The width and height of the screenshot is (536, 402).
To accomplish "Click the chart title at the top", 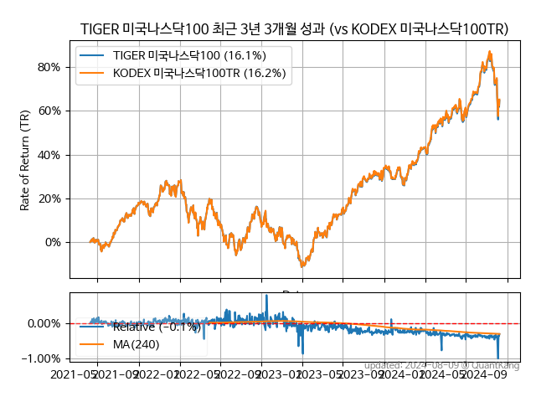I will click(294, 29).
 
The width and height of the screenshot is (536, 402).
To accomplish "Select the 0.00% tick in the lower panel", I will click(44, 323).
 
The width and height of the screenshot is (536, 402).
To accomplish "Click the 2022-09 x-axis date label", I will click(240, 375).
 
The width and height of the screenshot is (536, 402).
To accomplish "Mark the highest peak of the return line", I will click(490, 52).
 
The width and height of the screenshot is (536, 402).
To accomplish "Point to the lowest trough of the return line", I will click(302, 266).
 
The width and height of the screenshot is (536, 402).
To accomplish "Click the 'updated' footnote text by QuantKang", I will click(441, 365).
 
